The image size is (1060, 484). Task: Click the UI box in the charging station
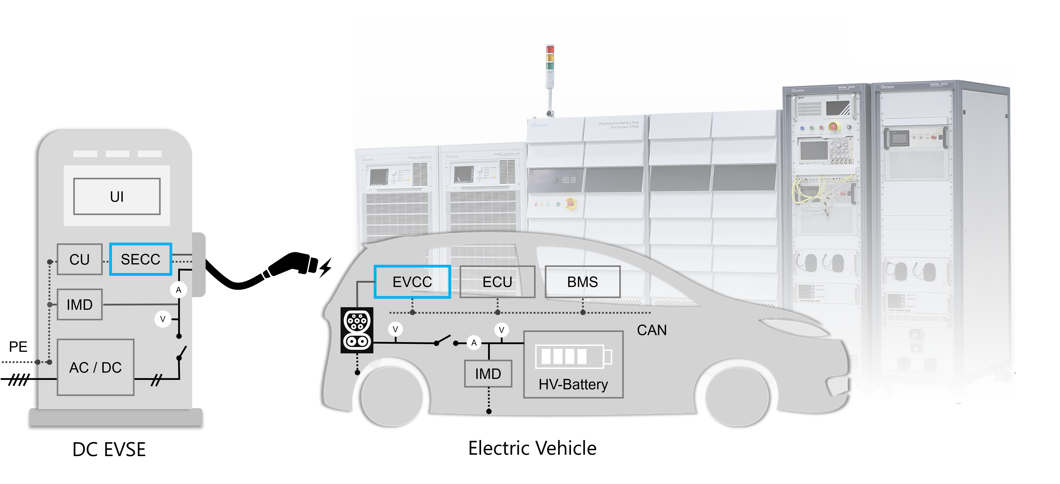[117, 196]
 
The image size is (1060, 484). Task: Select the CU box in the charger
[79, 259]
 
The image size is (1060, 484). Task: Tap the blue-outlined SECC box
[140, 259]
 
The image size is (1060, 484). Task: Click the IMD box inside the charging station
[79, 304]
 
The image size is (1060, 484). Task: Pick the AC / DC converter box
[95, 367]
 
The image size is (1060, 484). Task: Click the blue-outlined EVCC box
[412, 282]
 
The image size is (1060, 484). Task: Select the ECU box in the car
[497, 282]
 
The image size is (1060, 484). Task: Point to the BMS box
[582, 282]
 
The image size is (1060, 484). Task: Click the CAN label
[651, 330]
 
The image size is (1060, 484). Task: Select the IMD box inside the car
[488, 374]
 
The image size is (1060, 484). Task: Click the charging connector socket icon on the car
[357, 330]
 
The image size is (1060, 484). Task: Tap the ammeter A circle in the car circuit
[474, 342]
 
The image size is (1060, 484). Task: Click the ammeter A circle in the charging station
[179, 290]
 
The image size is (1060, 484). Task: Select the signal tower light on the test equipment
[550, 66]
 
